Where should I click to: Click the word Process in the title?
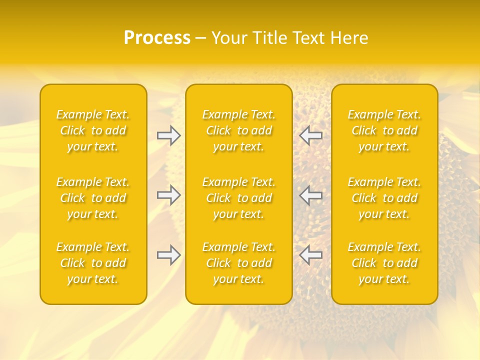pos(157,38)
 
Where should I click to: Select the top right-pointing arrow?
pos(169,135)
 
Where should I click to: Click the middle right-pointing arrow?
pos(169,195)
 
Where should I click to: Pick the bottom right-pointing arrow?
pos(169,255)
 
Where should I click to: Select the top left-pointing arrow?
pos(311,135)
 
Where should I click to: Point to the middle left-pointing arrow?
pos(311,195)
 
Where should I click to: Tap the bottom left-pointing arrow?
pos(311,255)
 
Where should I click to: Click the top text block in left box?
pos(93,130)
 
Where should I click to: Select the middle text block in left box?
pos(93,198)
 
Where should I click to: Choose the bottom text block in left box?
pos(93,263)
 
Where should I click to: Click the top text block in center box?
pos(239,130)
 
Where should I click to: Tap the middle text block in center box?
pos(239,198)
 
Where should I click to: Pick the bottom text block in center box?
pos(239,263)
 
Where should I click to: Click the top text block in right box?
pos(384,130)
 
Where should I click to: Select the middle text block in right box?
pos(384,198)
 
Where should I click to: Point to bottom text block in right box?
pos(384,263)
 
